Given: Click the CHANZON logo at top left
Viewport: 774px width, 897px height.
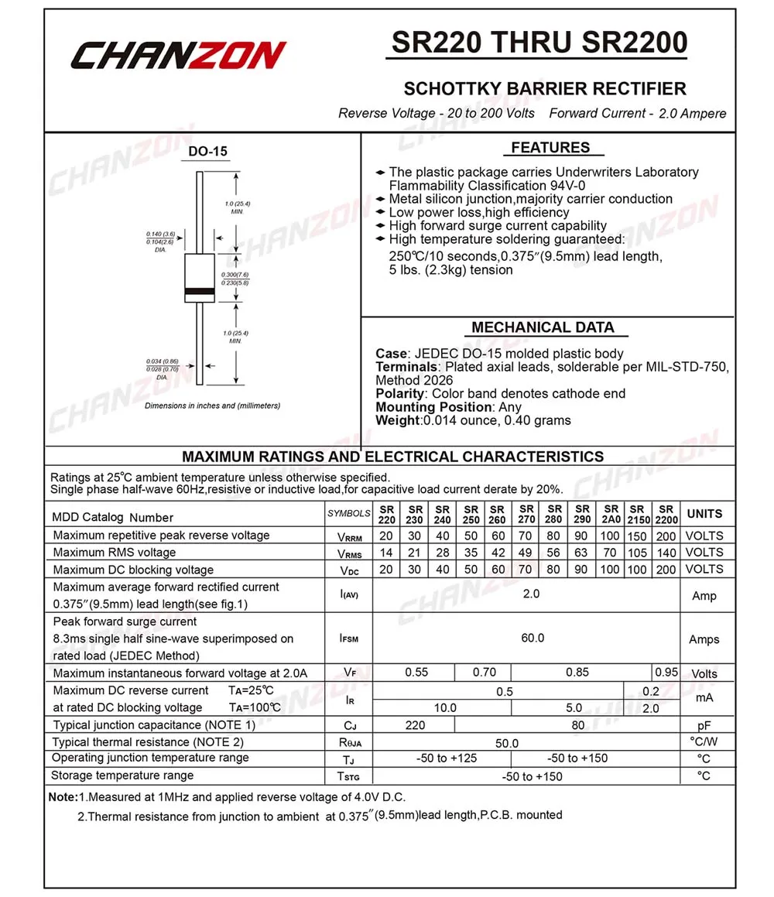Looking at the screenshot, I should pos(179,56).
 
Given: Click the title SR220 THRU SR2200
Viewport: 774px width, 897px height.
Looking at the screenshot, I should pos(539,43).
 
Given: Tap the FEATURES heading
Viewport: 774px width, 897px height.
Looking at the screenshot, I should pos(550,148).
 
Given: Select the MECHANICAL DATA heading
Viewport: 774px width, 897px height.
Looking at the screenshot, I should pos(543,327).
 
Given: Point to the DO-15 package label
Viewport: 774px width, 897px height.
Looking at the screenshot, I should pos(208,152).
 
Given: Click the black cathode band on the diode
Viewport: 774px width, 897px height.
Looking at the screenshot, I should pos(200,292).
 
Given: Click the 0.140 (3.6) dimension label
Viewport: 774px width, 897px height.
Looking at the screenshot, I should pos(160,234).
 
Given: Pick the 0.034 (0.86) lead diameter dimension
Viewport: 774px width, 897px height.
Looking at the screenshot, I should pos(162,361).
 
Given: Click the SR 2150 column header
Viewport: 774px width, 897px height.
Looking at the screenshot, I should pos(639,514).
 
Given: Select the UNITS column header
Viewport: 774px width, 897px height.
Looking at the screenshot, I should pos(704,514).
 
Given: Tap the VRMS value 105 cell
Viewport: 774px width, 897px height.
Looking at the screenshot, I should pos(639,553).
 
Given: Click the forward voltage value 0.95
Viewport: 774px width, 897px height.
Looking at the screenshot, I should pos(666,673).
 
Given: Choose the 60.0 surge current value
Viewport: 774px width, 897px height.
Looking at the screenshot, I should pos(533,638).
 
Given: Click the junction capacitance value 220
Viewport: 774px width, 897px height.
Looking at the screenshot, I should pos(416,725).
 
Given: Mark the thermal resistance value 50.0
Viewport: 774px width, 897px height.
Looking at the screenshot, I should pos(507,743).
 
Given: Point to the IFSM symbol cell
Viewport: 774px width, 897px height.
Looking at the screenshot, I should pos(348,639).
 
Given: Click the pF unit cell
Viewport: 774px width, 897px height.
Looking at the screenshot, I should pos(704,726).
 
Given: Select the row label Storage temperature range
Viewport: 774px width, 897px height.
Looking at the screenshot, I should pos(122,775).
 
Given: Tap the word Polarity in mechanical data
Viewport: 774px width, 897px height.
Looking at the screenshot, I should pos(400,393).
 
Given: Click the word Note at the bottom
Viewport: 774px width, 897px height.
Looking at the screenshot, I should pos(62,797).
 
